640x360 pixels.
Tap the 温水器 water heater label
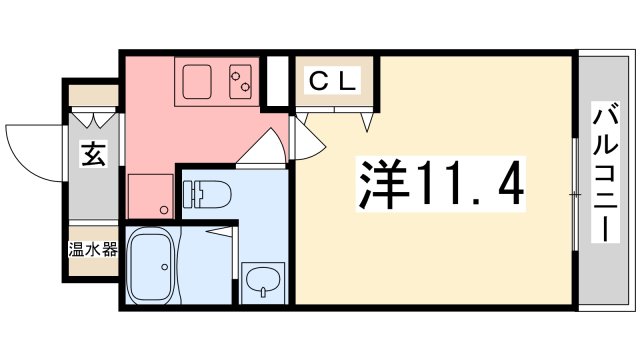[93, 249]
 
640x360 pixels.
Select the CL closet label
[329, 82]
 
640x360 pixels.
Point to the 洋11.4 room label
[439, 184]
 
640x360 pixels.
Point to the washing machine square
[151, 196]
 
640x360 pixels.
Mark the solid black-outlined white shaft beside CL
[277, 82]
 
